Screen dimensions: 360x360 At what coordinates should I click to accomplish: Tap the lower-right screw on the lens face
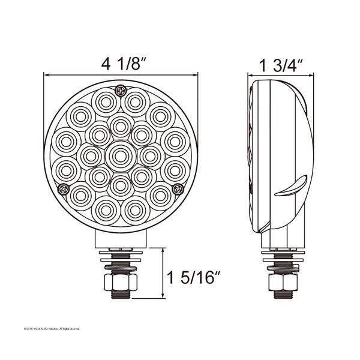tap(177, 190)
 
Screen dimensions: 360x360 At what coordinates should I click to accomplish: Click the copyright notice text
tap(51, 328)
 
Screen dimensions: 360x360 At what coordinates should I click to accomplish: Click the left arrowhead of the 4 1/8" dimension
tap(46, 75)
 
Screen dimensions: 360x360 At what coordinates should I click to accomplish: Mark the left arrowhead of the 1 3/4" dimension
tap(252, 75)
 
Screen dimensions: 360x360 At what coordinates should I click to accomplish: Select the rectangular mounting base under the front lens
tap(120, 241)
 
